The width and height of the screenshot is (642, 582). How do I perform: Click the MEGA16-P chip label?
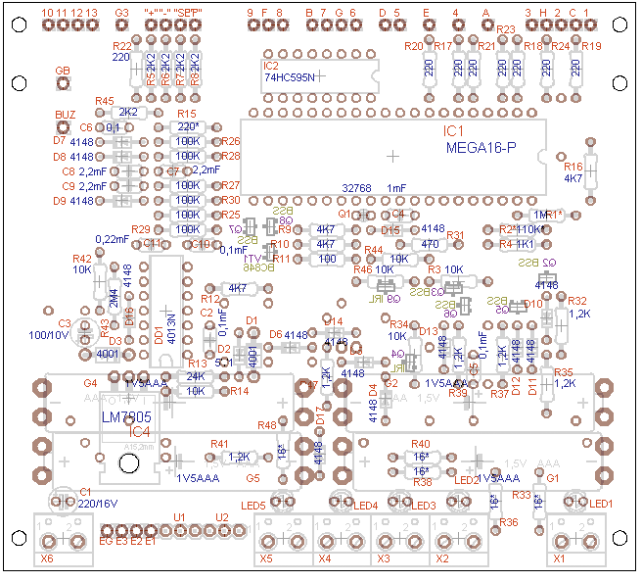481,148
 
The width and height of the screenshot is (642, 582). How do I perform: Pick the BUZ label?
65,115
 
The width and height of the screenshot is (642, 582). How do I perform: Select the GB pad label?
63,72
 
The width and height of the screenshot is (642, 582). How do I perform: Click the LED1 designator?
600,504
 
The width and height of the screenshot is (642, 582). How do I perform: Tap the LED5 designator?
253,505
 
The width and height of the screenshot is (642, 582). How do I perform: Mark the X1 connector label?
560,558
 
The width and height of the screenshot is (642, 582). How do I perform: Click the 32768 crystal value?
356,188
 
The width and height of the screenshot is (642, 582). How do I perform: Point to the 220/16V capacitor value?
99,503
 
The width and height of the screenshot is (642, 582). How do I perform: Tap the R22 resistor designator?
121,46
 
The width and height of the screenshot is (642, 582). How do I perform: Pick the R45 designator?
104,101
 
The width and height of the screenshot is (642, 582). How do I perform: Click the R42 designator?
82,258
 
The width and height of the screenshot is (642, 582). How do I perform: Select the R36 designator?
509,522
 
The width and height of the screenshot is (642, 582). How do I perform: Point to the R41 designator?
218,443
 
